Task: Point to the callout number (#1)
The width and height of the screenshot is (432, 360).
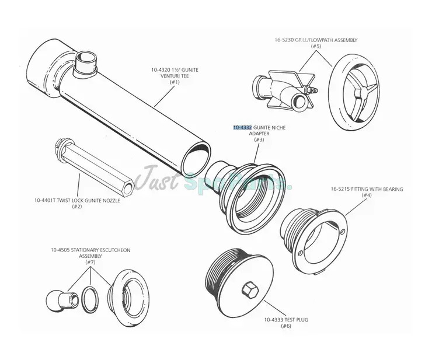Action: click(175, 82)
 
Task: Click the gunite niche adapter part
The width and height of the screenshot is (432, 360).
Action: click(248, 190)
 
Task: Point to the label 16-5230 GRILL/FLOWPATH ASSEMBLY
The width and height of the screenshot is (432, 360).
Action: click(316, 40)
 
